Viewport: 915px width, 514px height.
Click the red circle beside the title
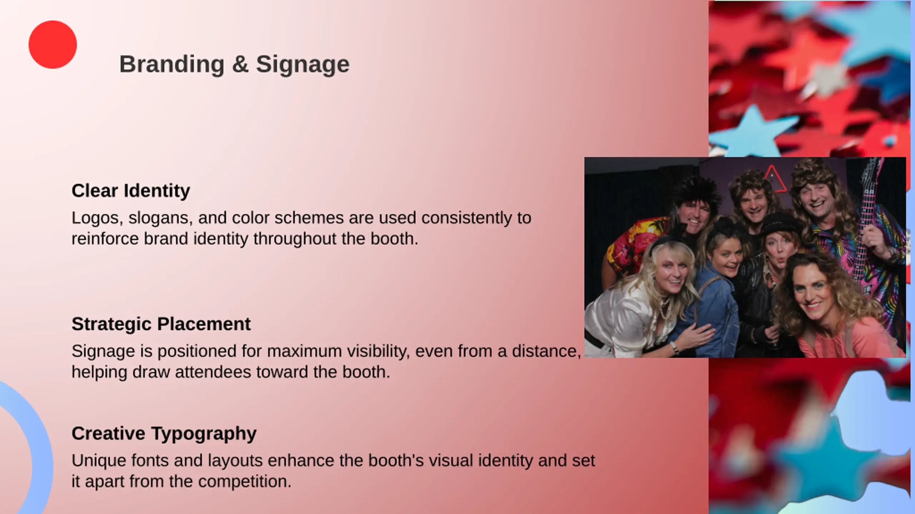53,45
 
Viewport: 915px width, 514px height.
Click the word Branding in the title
172,65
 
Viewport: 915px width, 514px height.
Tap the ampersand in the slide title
240,65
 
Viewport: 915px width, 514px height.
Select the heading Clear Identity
131,191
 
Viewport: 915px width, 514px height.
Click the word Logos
97,218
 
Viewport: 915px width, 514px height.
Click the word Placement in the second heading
204,324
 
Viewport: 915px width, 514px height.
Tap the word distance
546,351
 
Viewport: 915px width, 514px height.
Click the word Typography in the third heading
204,434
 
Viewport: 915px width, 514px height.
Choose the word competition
244,482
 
